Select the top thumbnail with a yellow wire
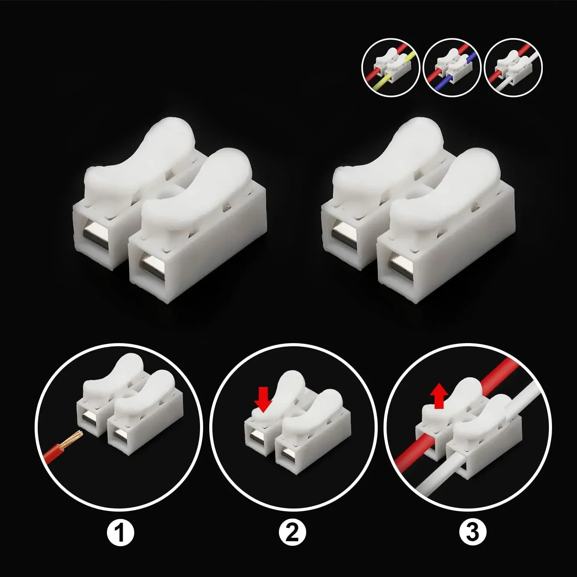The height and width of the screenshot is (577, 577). point(390,67)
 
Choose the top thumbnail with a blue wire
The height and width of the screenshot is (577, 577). point(452,67)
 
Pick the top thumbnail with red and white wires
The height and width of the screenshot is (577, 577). point(514,67)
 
